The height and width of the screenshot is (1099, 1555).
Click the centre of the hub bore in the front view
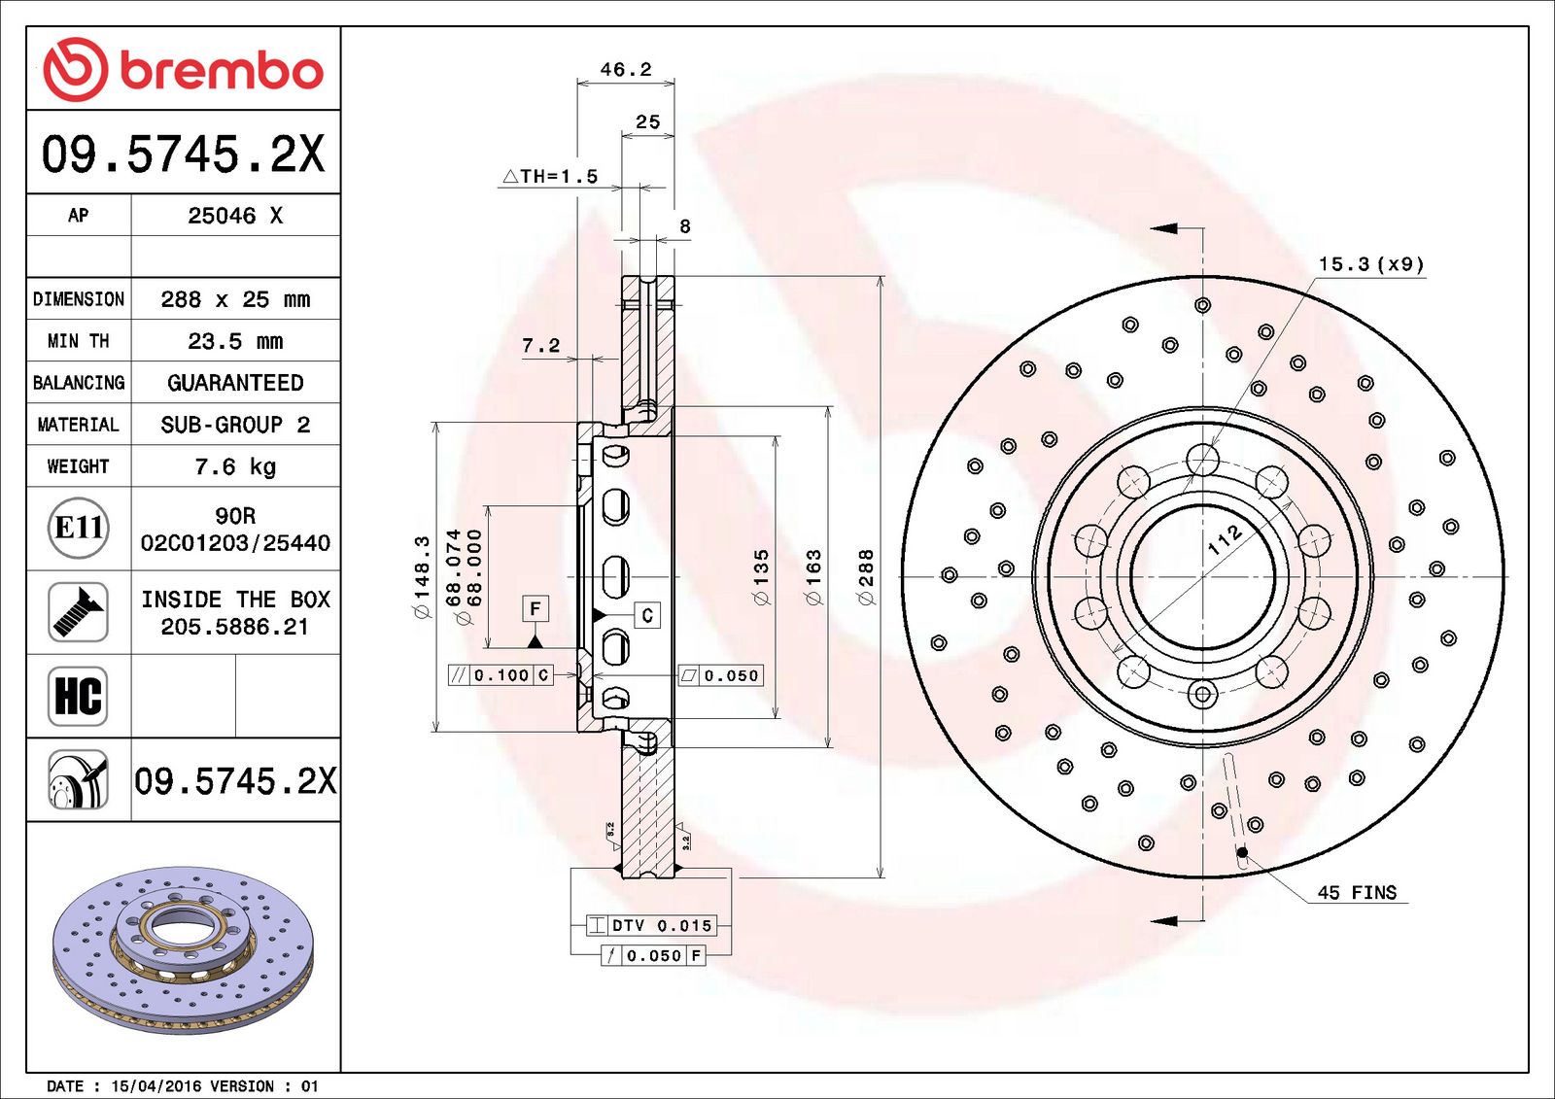point(1203,577)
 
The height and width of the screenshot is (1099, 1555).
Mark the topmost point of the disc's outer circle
point(1203,277)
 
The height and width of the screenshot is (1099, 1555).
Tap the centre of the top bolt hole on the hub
point(1203,460)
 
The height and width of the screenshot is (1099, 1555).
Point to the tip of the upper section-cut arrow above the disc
point(1151,227)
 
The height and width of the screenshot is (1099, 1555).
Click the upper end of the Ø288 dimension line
point(881,277)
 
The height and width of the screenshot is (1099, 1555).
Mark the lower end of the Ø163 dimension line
point(828,747)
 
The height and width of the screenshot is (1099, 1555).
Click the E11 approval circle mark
point(79,528)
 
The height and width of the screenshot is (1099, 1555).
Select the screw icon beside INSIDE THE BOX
point(78,612)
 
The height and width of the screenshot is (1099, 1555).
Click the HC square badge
point(78,697)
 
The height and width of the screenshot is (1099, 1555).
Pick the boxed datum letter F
point(536,609)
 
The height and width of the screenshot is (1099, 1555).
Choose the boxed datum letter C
point(647,615)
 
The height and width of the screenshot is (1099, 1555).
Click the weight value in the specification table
point(235,465)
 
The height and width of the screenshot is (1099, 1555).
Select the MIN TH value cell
point(235,341)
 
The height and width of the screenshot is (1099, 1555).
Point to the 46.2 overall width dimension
point(626,69)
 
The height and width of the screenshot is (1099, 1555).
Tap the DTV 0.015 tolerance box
point(650,925)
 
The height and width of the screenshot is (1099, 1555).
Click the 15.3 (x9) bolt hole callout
point(1371,263)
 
